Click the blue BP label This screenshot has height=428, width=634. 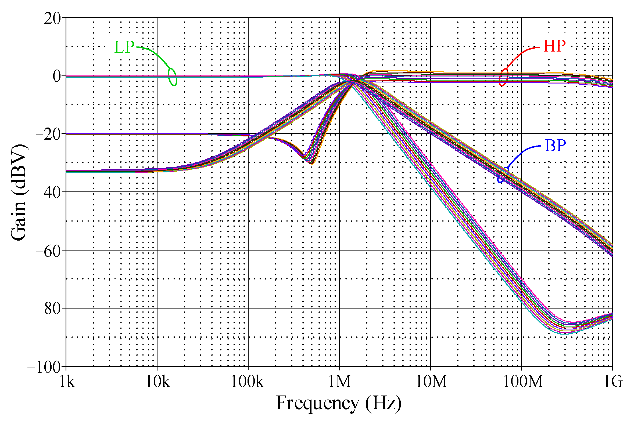coord(555,146)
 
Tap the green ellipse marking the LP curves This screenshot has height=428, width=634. coord(173,77)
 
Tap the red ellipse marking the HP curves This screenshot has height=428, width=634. coord(504,77)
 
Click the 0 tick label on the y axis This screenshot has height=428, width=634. coord(57,76)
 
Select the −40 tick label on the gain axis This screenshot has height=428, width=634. coord(49,193)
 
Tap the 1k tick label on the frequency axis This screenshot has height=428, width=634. coord(67,381)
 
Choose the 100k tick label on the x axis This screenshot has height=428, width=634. coord(247,381)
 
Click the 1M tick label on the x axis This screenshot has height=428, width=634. coord(339,381)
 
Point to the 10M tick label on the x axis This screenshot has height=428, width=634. coord(431,381)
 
